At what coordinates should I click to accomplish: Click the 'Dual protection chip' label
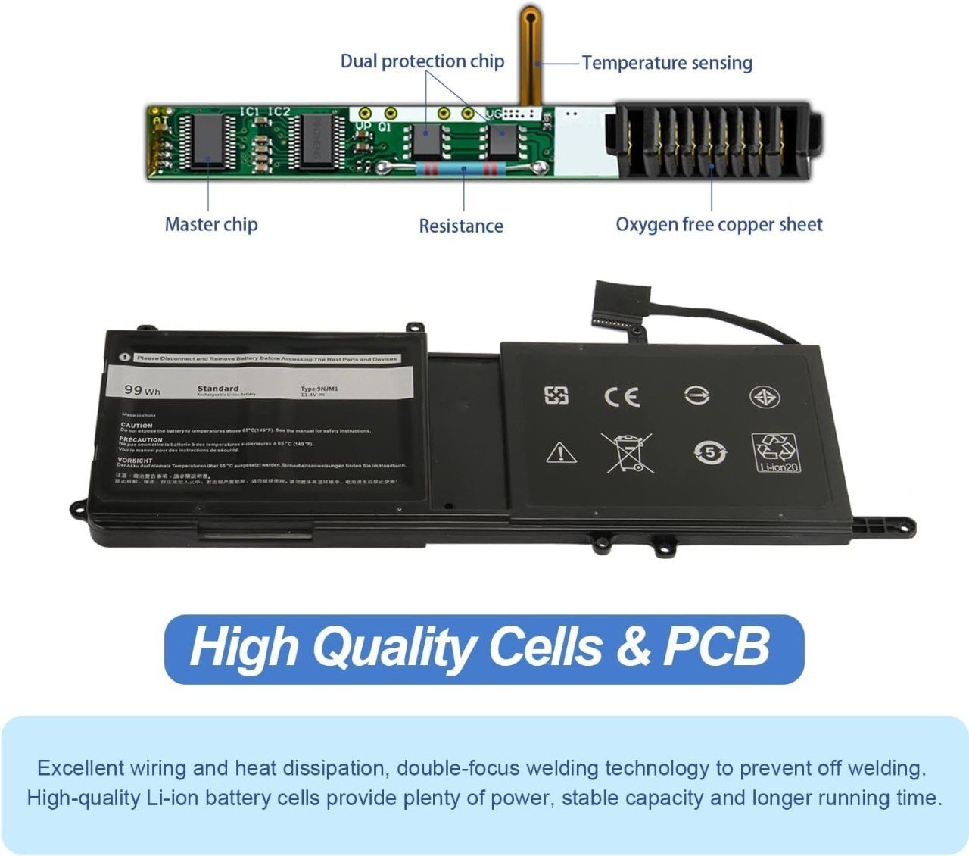422,61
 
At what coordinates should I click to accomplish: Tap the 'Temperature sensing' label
667,63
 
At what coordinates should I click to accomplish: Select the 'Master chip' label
211,224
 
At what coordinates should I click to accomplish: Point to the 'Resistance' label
461,226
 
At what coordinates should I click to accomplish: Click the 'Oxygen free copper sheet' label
718,224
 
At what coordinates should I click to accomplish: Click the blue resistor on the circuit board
462,168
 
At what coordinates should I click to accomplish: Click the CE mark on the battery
622,397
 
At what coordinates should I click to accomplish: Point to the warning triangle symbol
561,453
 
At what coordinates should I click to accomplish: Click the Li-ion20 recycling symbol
776,452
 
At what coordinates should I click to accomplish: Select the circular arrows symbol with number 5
710,453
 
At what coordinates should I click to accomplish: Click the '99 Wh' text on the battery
142,390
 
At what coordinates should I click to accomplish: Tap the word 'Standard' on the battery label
218,388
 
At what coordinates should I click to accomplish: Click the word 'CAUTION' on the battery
136,426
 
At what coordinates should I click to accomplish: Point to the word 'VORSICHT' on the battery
135,460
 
